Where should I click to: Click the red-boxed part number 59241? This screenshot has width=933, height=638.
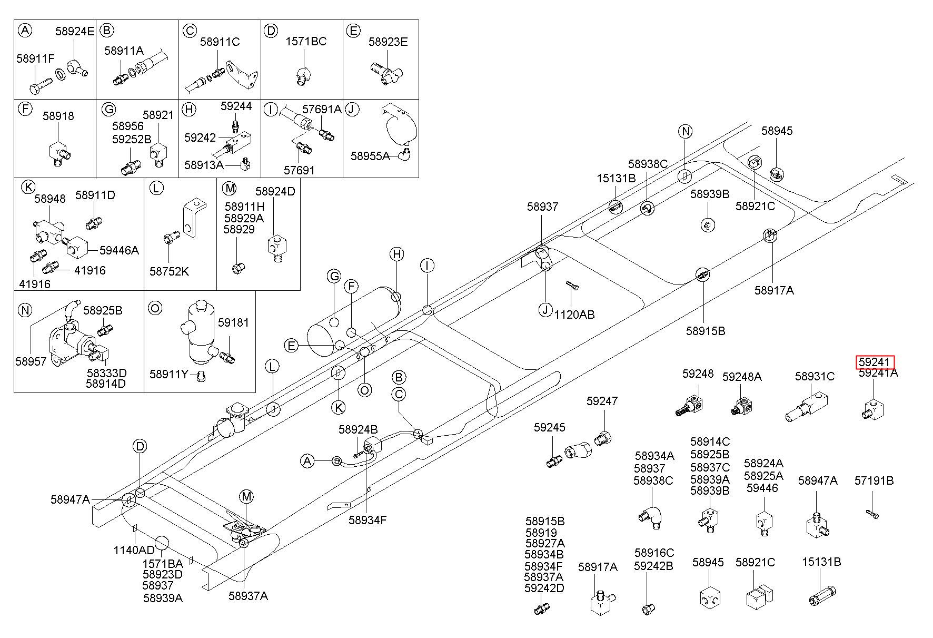click(874, 362)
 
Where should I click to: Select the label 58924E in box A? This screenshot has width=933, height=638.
click(75, 31)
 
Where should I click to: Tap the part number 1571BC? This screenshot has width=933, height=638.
click(306, 41)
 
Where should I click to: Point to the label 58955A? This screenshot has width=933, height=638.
click(370, 156)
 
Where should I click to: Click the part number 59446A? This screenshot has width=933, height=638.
click(119, 250)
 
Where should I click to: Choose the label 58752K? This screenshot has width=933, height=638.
click(169, 271)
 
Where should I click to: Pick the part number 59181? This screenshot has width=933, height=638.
click(233, 322)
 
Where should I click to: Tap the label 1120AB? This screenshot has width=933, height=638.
click(574, 315)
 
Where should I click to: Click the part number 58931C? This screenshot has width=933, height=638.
click(815, 376)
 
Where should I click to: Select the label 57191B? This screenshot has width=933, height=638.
click(874, 480)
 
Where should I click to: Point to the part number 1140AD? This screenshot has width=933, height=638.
click(134, 550)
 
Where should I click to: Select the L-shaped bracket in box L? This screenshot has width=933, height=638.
click(193, 217)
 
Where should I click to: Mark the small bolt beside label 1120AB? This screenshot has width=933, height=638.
click(572, 286)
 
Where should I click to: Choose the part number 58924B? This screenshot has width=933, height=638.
click(358, 429)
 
